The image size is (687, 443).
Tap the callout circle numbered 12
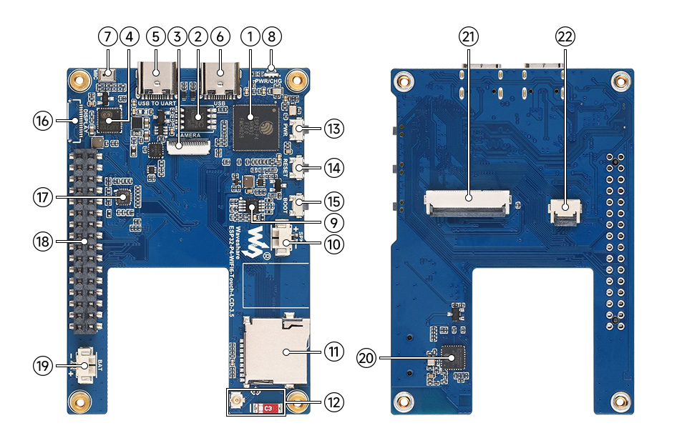tap(333, 402)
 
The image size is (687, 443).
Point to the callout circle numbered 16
tap(42, 121)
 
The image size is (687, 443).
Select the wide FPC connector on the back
tap(469, 201)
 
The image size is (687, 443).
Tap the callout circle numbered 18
tap(42, 241)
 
